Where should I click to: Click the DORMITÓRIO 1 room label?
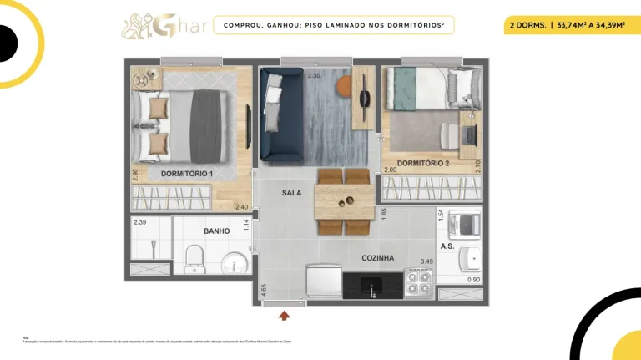point(187,174)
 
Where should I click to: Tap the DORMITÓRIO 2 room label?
point(423,163)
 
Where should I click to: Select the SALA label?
point(291,193)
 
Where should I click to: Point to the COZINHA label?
point(377,258)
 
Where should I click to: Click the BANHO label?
point(216,231)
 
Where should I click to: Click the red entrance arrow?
point(285,315)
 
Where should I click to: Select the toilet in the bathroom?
point(194,257)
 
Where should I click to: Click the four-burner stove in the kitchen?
point(418,283)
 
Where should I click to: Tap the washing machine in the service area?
point(463,224)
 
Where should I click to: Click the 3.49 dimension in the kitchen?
point(426,261)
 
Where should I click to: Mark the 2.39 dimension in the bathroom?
point(140,222)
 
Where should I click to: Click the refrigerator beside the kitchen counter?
point(321,281)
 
